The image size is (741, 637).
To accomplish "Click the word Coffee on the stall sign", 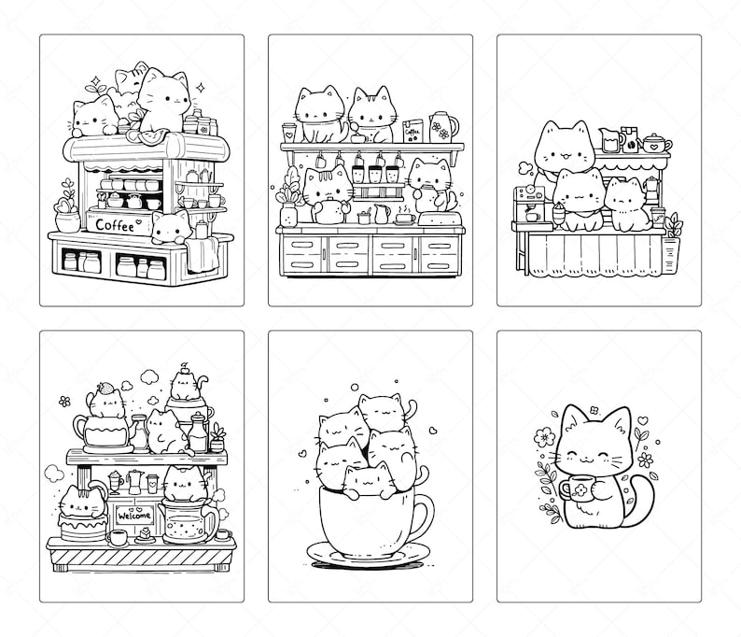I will click(114, 223).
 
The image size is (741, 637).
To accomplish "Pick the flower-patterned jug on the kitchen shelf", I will click(443, 128).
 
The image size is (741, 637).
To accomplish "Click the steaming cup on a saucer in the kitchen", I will click(404, 219).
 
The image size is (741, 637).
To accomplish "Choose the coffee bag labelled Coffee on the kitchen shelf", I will click(412, 133).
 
